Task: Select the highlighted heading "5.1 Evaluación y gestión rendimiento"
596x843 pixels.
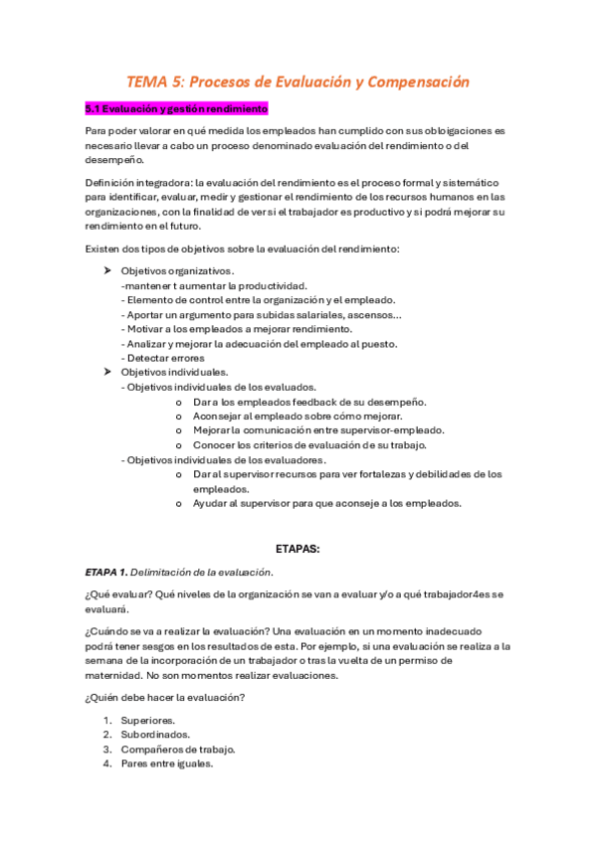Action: [x=177, y=108]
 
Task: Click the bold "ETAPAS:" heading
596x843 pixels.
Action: [x=297, y=547]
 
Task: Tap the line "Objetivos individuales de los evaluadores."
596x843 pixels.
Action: [x=224, y=460]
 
